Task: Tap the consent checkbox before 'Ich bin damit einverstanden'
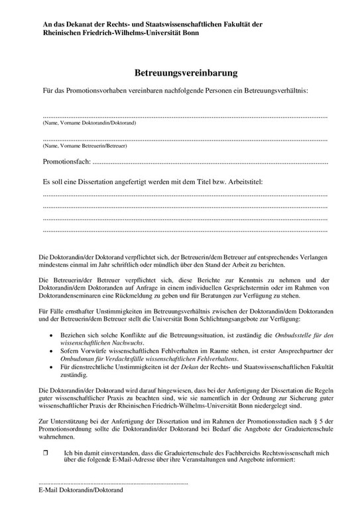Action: click(46, 452)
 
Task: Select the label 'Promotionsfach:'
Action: click(66, 161)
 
